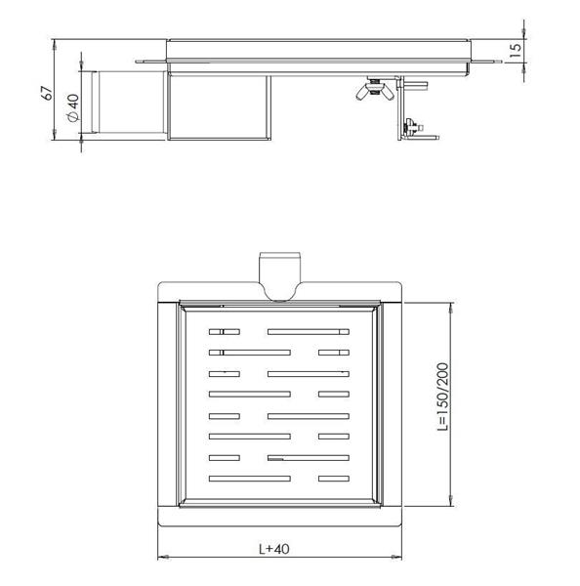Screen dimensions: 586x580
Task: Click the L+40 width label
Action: pos(278,549)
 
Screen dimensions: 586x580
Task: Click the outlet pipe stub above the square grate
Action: pos(278,272)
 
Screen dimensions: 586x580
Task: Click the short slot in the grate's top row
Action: pos(224,331)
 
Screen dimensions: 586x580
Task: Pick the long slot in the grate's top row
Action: pos(307,331)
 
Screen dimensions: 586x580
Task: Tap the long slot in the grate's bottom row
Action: pos(250,479)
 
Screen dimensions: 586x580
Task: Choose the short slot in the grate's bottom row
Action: pos(333,479)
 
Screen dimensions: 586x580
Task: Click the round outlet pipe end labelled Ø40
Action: pos(95,104)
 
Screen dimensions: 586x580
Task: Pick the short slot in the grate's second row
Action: pos(333,352)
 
